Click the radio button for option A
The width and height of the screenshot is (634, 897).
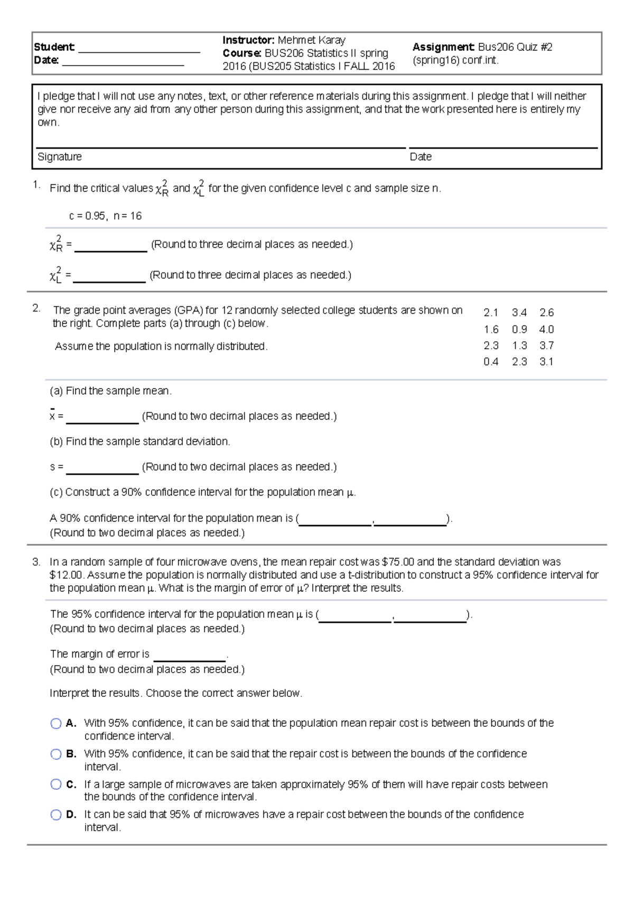pyautogui.click(x=56, y=723)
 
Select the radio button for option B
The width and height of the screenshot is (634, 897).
pyautogui.click(x=56, y=754)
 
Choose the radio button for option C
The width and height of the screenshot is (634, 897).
pyautogui.click(x=56, y=784)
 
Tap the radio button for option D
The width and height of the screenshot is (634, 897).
pyautogui.click(x=56, y=815)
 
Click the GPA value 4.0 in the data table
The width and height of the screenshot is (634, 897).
pyautogui.click(x=546, y=330)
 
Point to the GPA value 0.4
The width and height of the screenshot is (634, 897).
pyautogui.click(x=491, y=362)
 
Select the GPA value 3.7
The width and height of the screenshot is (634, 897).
pyautogui.click(x=546, y=345)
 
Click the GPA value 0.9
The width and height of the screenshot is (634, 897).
pyautogui.click(x=519, y=330)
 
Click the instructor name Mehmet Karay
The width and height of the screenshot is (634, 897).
pyautogui.click(x=311, y=40)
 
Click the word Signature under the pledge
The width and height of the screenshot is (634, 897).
pyautogui.click(x=59, y=157)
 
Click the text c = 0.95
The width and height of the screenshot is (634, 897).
pyautogui.click(x=87, y=216)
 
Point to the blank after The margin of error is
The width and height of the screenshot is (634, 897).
pyautogui.click(x=190, y=656)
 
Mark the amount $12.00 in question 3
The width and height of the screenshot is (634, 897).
pyautogui.click(x=66, y=575)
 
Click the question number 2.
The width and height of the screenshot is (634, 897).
pyautogui.click(x=36, y=309)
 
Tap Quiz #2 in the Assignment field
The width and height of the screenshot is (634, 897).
pyautogui.click(x=534, y=47)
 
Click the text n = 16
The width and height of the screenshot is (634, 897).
pyautogui.click(x=127, y=216)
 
